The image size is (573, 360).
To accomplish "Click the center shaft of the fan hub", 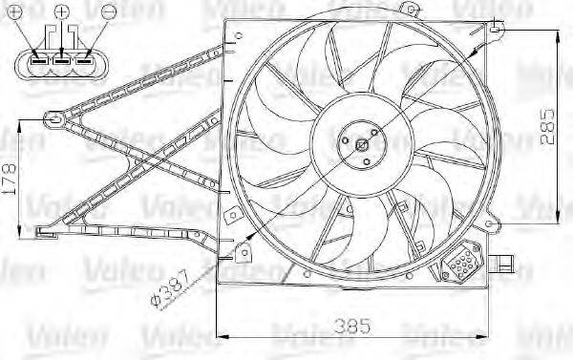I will coord(361,145).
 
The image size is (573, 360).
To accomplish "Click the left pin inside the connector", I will coord(39,67).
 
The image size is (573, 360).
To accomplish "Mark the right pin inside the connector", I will coord(83,67).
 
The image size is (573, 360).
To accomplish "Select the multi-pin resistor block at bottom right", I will coord(463,261).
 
